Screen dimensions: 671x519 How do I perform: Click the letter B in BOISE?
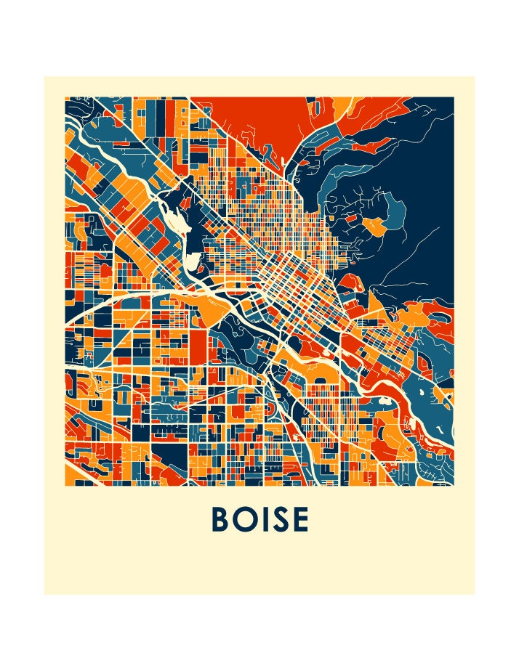(x=221, y=519)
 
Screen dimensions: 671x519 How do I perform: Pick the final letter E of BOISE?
(x=300, y=519)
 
